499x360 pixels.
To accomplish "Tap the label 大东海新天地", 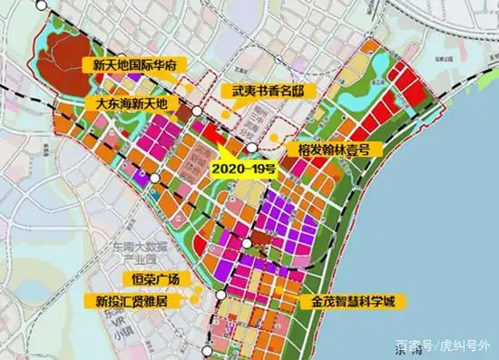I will coord(132,104).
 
